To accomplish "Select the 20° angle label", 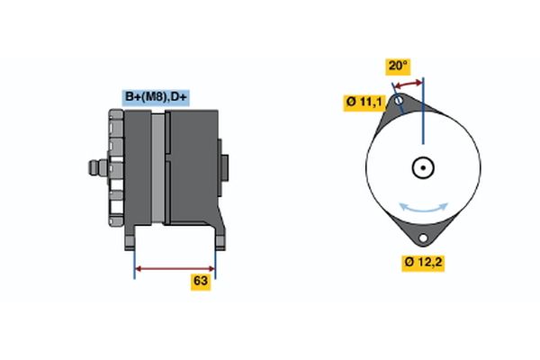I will (398, 66).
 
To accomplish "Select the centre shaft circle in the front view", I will (422, 168).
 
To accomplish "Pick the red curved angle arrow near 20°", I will (409, 84).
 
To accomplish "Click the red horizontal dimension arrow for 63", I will (175, 267).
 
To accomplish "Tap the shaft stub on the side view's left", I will (94, 166).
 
